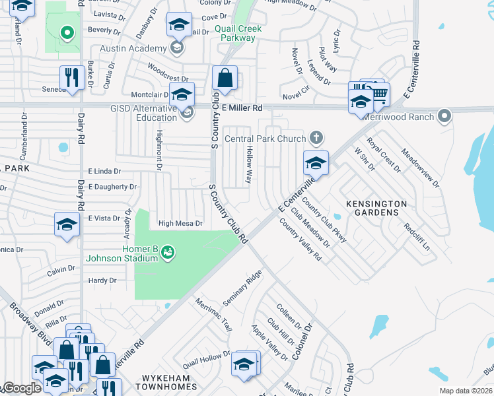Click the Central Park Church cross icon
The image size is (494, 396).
tap(316, 139)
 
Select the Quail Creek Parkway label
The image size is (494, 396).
tap(238, 33)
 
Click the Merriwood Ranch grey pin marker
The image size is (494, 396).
tap(445, 117)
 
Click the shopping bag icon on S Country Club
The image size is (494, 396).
tap(225, 77)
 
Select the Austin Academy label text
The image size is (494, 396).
tap(133, 49)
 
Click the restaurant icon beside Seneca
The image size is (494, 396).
tap(69, 77)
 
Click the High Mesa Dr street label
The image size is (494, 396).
tap(180, 224)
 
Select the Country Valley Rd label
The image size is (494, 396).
tap(300, 240)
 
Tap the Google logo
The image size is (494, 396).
tap(21, 389)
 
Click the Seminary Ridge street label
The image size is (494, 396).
tap(242, 288)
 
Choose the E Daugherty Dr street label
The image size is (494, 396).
tap(112, 187)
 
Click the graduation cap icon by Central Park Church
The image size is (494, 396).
tap(316, 163)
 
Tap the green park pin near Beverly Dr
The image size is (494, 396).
tap(66, 32)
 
